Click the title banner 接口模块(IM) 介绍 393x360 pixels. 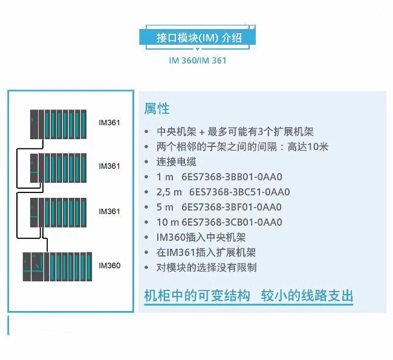point(198,38)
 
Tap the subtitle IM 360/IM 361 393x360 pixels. point(198,61)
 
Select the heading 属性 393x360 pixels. point(157,109)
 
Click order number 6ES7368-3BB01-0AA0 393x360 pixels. point(232,177)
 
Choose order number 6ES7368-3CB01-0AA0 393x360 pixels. point(232,222)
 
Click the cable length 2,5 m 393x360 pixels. point(169,192)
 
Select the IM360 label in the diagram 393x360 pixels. point(109,266)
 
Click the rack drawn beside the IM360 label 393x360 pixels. point(56,266)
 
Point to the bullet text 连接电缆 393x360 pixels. point(177,162)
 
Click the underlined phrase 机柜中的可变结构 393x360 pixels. point(197,296)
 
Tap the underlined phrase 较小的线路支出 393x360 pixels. point(307,296)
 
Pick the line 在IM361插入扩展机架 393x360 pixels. point(206,252)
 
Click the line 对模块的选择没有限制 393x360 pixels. point(207,267)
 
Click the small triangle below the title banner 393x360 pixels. point(198,50)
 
